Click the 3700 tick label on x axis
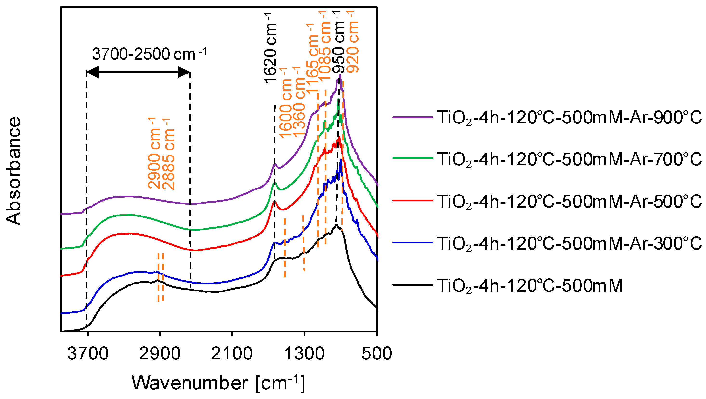[x=88, y=354]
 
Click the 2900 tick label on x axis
[x=160, y=354]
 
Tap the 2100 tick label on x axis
[x=232, y=354]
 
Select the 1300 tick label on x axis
[x=304, y=354]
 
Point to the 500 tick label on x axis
[x=376, y=354]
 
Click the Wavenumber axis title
[x=218, y=383]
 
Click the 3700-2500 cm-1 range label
[x=149, y=54]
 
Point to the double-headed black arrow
[x=138, y=72]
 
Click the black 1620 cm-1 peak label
[x=270, y=48]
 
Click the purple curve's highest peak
[x=340, y=76]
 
